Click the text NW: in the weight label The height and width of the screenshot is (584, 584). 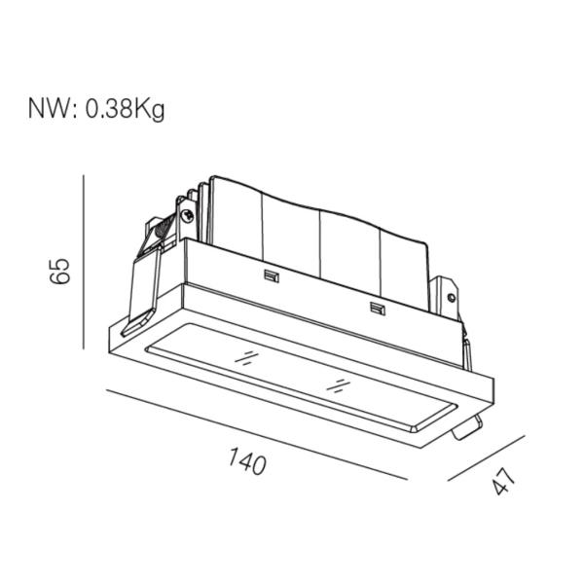(50, 108)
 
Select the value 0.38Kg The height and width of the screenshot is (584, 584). (125, 108)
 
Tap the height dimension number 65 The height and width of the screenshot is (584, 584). (60, 269)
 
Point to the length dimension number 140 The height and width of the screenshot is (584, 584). (249, 461)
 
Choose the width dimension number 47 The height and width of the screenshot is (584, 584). (502, 482)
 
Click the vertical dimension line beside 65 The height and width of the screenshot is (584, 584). (85, 263)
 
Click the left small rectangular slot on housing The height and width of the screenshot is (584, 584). (272, 275)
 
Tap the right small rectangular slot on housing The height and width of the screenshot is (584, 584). (377, 310)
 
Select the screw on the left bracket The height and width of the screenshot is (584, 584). (186, 216)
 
